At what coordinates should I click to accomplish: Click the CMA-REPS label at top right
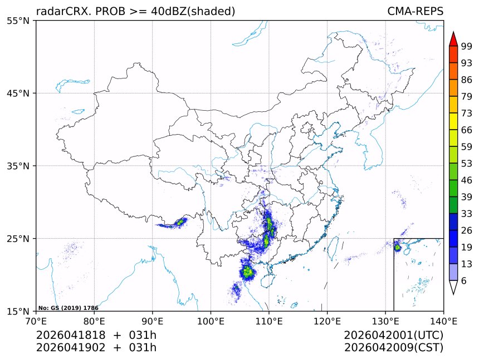coord(415,11)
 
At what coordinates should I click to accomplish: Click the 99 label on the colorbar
coord(467,47)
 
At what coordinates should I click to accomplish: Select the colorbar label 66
coord(467,130)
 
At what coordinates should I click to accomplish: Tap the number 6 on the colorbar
coord(464,280)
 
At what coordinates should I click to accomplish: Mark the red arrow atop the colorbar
coord(453,39)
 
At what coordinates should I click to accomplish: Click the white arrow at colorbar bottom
coord(453,287)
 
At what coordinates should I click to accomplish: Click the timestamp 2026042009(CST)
coord(393,348)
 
